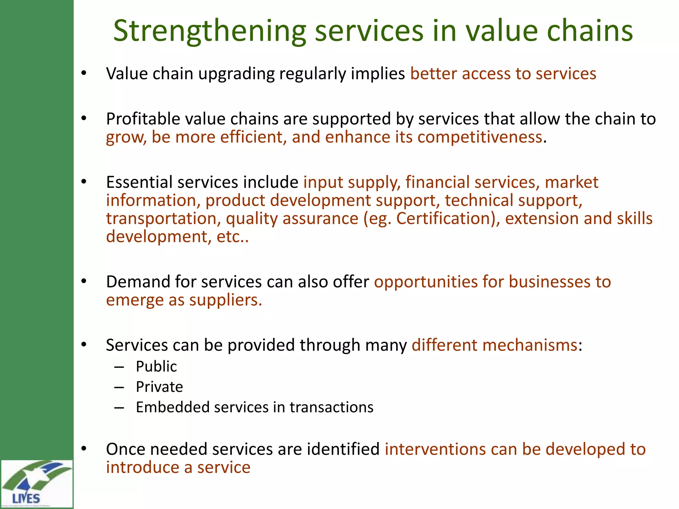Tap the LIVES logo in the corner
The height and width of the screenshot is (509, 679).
click(x=36, y=483)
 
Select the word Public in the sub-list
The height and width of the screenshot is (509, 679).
click(x=156, y=367)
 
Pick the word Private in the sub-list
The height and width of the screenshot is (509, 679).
click(x=159, y=387)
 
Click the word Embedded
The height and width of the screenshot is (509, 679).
click(x=172, y=407)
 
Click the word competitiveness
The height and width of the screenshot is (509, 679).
click(x=480, y=137)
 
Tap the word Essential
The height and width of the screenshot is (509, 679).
click(x=139, y=182)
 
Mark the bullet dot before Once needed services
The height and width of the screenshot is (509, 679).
click(x=84, y=449)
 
